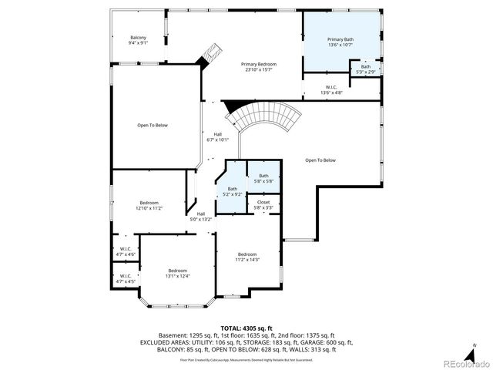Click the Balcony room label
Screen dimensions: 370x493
coord(139,40)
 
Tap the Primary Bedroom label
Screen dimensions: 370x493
coord(258,66)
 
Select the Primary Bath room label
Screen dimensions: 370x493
coord(340,42)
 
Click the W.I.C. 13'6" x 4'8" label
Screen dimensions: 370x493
coord(330,89)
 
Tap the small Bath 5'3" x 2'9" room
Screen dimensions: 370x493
coord(365,69)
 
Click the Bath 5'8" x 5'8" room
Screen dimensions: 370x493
coord(263,178)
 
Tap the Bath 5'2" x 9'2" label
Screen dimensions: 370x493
coord(232,191)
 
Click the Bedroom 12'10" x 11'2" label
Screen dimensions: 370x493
coord(149,205)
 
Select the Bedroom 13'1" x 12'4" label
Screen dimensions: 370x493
coord(178,273)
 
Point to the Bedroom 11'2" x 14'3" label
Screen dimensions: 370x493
coord(247,257)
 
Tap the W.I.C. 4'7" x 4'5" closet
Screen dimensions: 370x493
coord(126,278)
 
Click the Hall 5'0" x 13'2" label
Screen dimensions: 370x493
coord(200,216)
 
